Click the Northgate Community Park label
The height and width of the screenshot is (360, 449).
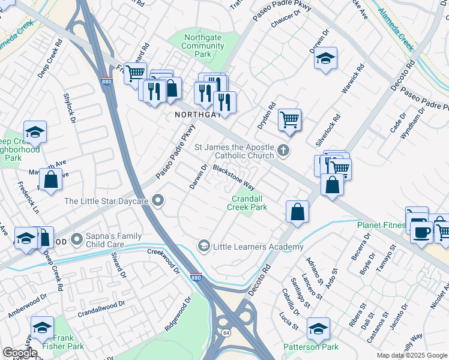coord(202,46)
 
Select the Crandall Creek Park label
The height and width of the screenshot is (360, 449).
coord(247,203)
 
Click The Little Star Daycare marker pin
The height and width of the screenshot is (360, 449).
coord(158,201)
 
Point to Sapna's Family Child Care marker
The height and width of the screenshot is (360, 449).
coord(77,240)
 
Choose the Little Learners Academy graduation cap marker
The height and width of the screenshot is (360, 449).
coord(204,246)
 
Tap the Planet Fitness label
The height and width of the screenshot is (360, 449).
coord(381,225)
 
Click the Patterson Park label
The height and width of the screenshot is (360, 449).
coord(311,347)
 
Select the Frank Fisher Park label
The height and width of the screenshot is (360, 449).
coord(63,342)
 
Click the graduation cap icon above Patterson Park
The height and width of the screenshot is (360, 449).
coord(318,328)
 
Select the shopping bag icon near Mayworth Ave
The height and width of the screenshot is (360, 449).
coord(51,178)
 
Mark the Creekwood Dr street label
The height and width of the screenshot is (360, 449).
coord(163,260)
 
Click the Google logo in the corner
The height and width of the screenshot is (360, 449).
coord(20,353)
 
